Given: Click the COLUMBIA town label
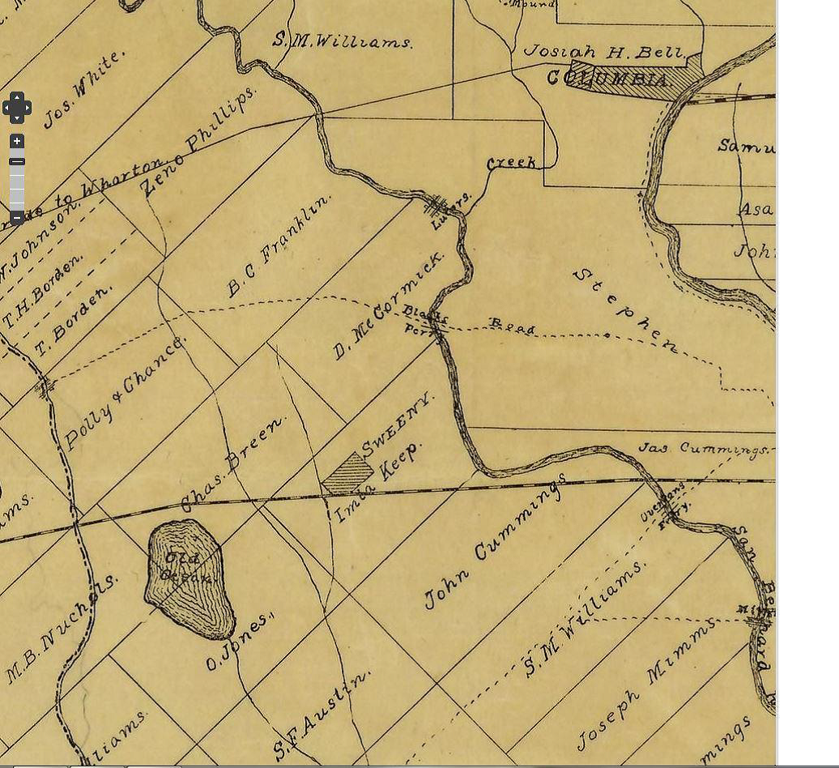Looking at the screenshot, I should point(609,79).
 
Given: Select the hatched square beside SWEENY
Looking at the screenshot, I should point(347,474).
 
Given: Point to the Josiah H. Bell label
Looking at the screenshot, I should point(603,53).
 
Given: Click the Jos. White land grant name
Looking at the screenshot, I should point(84,89).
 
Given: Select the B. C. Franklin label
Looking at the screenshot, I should point(279,245).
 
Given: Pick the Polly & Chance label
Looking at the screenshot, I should point(124,392).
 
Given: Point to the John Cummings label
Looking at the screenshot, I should point(494,542).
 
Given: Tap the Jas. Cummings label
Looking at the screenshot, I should point(703,448).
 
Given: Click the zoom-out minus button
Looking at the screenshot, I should point(17,217).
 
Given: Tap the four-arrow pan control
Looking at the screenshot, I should point(16,107).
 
